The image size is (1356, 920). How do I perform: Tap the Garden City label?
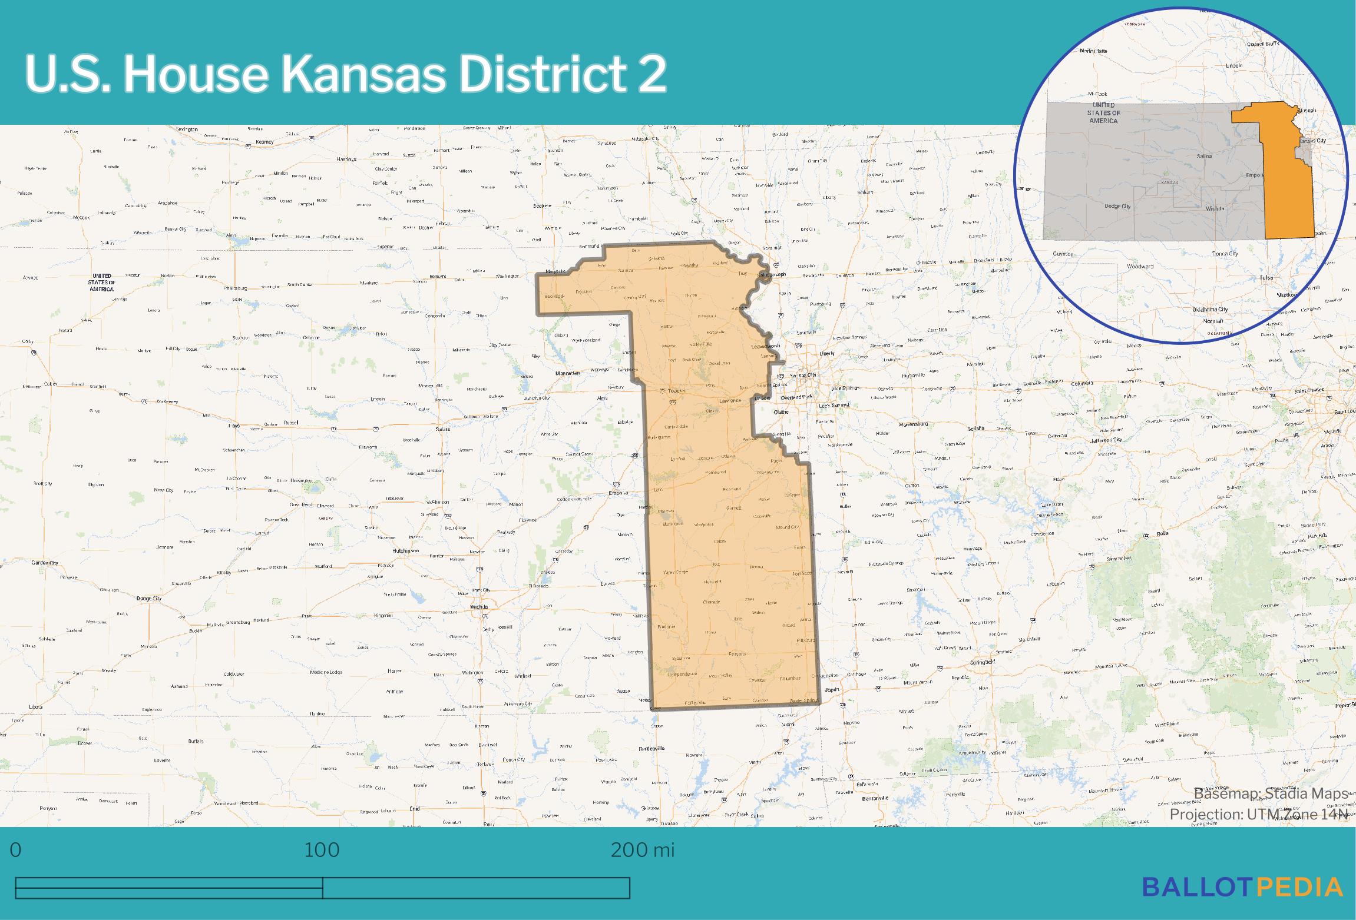[x=45, y=563]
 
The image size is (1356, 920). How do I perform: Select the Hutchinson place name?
[x=405, y=551]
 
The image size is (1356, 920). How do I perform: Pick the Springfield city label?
[x=983, y=662]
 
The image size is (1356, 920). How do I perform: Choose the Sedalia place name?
[x=975, y=429]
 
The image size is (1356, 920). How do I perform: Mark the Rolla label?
[x=1162, y=534]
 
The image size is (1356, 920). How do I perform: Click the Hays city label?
[x=234, y=425]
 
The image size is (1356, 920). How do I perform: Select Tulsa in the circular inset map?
[x=1265, y=277]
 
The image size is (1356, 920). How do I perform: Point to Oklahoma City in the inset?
[x=1210, y=310]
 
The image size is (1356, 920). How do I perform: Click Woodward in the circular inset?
[x=1140, y=267]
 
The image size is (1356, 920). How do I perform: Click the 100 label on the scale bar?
[x=322, y=850]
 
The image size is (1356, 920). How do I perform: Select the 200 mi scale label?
[x=643, y=850]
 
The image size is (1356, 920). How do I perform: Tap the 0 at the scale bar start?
[x=16, y=850]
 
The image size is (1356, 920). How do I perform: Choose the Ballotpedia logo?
[x=1242, y=886]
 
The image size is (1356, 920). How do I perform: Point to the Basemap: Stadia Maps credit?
[x=1271, y=794]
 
